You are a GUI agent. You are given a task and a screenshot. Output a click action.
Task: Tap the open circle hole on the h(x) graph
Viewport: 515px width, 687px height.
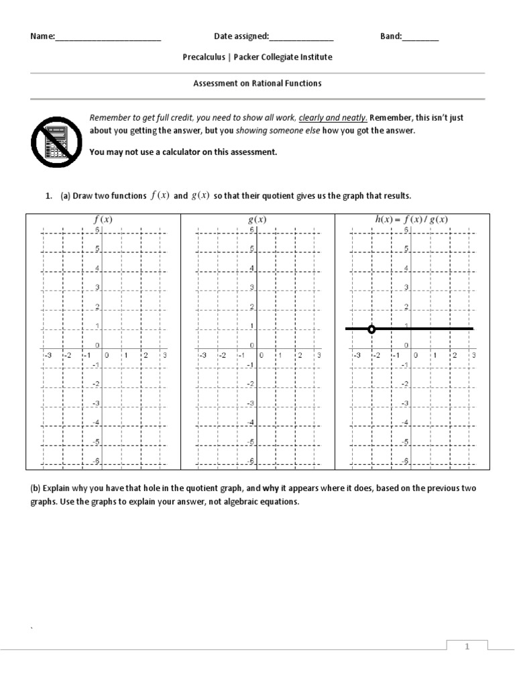click(x=372, y=329)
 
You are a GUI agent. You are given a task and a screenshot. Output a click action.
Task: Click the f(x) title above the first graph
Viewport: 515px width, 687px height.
click(x=103, y=219)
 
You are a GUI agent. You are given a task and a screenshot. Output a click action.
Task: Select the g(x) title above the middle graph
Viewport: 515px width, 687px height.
click(x=257, y=219)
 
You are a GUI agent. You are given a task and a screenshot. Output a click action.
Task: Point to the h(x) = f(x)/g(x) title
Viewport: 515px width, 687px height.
click(x=411, y=219)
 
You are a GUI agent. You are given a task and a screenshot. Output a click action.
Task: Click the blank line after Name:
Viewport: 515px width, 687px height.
click(x=108, y=38)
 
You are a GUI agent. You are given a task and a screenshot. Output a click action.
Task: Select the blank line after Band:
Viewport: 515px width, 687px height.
click(x=420, y=38)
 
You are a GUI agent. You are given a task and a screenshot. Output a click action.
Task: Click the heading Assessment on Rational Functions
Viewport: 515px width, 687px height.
click(x=257, y=84)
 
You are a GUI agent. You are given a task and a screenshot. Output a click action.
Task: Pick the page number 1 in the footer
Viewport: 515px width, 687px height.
click(x=467, y=646)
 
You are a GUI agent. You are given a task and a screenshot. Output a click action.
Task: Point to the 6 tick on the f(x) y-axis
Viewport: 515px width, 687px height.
click(x=97, y=230)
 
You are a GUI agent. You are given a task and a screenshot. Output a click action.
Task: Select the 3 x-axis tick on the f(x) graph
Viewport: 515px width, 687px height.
click(x=164, y=356)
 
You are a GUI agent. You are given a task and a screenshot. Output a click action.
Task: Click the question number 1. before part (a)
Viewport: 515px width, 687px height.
click(x=48, y=196)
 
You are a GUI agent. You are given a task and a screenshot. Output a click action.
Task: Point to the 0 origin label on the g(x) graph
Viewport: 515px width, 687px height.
click(x=261, y=356)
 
